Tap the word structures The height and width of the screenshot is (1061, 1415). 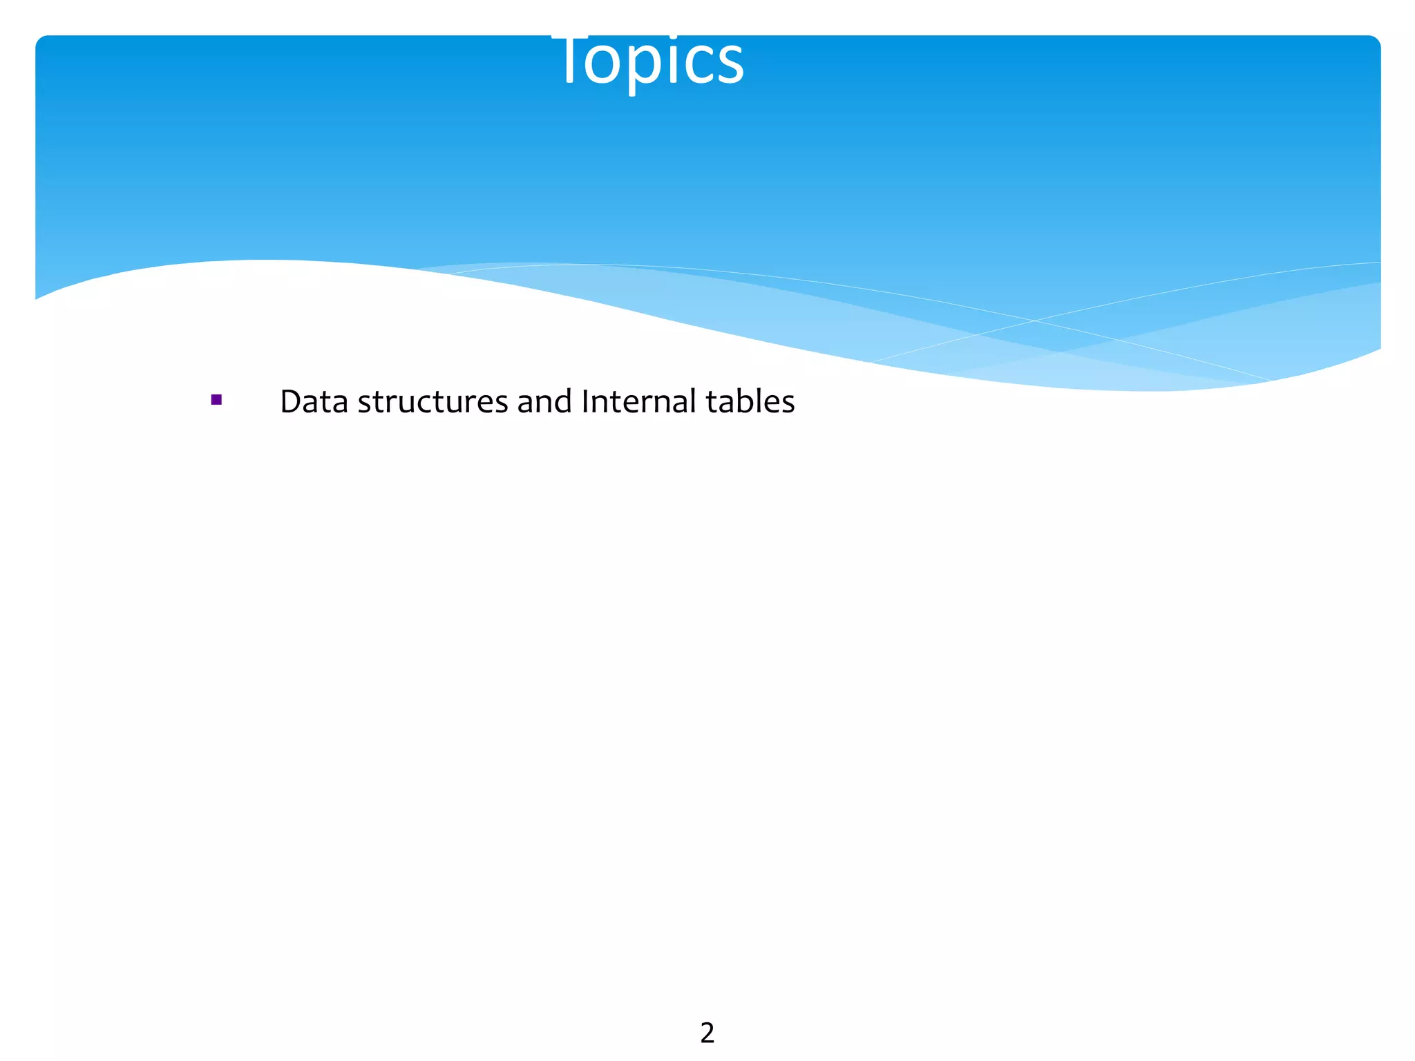click(433, 401)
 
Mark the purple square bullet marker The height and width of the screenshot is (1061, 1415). click(216, 400)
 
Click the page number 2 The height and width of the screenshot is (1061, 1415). click(707, 1033)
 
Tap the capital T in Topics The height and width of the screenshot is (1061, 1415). click(570, 59)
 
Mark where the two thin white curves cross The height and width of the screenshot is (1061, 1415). click(1034, 321)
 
